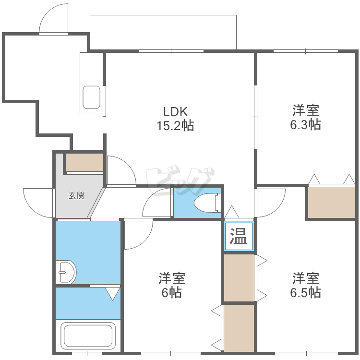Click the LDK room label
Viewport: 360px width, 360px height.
[x=175, y=112]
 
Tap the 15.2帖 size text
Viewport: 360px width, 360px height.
[x=175, y=126]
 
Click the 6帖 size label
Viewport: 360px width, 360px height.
[x=171, y=292]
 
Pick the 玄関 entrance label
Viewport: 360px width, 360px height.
[x=76, y=195]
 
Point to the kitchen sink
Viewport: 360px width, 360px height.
[x=91, y=97]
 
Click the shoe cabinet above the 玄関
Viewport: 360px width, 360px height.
[x=84, y=162]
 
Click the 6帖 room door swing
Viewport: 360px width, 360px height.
[x=137, y=235]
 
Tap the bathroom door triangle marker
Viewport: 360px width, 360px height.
[x=113, y=293]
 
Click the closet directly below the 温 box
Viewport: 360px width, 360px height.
[x=239, y=277]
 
